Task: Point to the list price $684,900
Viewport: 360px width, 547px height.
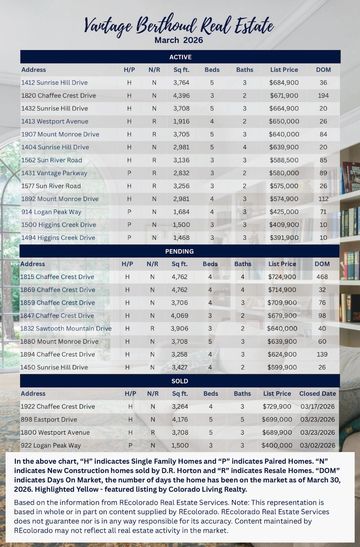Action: coord(283,81)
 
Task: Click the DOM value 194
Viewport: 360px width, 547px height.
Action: coord(323,94)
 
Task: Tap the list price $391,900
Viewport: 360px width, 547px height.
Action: coord(283,237)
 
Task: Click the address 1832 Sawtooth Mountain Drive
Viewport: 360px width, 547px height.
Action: coord(66,327)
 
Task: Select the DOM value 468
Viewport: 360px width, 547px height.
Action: coord(323,275)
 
